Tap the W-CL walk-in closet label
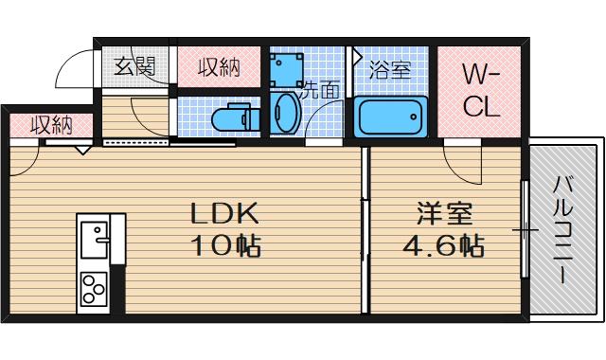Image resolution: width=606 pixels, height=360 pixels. [x=481, y=90]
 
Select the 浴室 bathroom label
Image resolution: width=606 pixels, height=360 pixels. [x=390, y=70]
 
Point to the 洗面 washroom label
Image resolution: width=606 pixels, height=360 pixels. [x=319, y=92]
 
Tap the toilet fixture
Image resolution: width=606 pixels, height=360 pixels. [x=232, y=119]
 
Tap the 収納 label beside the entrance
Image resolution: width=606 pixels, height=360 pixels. [x=218, y=67]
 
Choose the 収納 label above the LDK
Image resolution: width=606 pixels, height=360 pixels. [x=50, y=124]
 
